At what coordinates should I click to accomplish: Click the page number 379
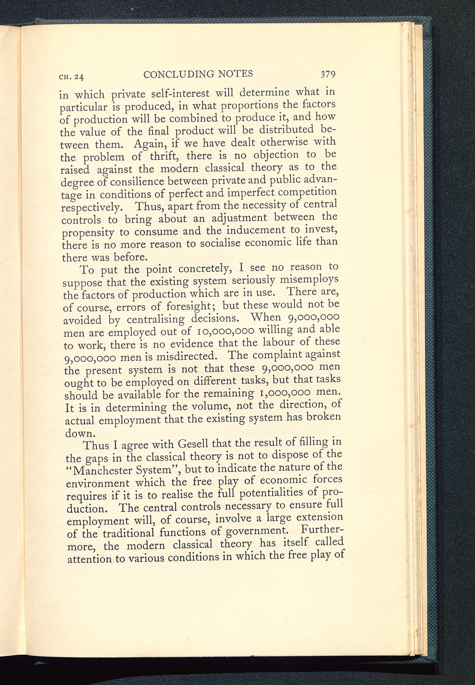pos(328,74)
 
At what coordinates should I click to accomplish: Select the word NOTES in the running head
pos(235,73)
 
